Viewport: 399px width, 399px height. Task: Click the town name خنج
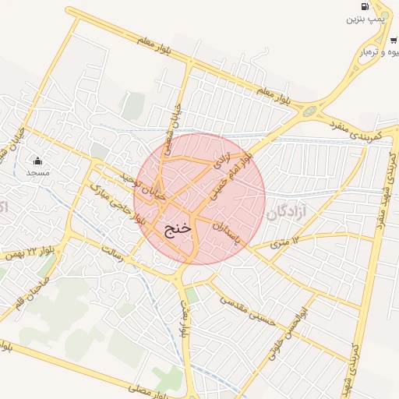tap(178, 229)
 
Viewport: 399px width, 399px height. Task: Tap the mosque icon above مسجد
tap(38, 161)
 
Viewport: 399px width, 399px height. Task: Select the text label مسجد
tap(38, 171)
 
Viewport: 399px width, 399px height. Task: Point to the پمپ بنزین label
tap(367, 18)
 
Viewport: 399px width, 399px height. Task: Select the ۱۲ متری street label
tap(285, 243)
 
